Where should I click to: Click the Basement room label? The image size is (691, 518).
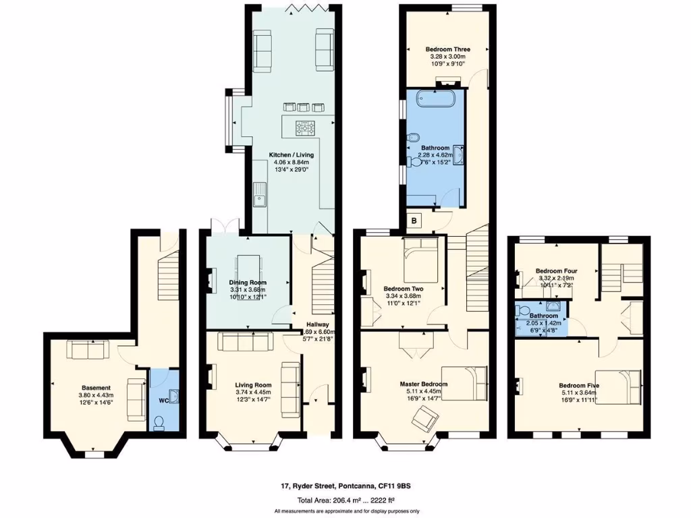(96, 388)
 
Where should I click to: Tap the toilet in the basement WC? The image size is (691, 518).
(160, 422)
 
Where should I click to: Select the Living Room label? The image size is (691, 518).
(252, 385)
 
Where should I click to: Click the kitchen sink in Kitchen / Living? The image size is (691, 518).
(259, 195)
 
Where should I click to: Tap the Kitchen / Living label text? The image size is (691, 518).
(291, 155)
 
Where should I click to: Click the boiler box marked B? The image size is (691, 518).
(415, 220)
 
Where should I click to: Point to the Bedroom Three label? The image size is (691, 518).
(447, 49)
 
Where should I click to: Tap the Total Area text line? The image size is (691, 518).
(347, 500)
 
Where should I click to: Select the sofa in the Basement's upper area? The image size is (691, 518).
(88, 350)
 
